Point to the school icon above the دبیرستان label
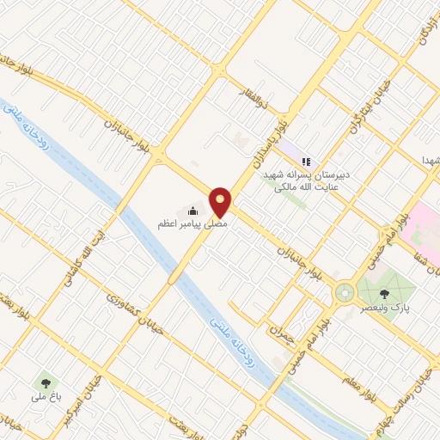click(x=306, y=161)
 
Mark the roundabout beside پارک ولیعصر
click(x=344, y=294)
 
